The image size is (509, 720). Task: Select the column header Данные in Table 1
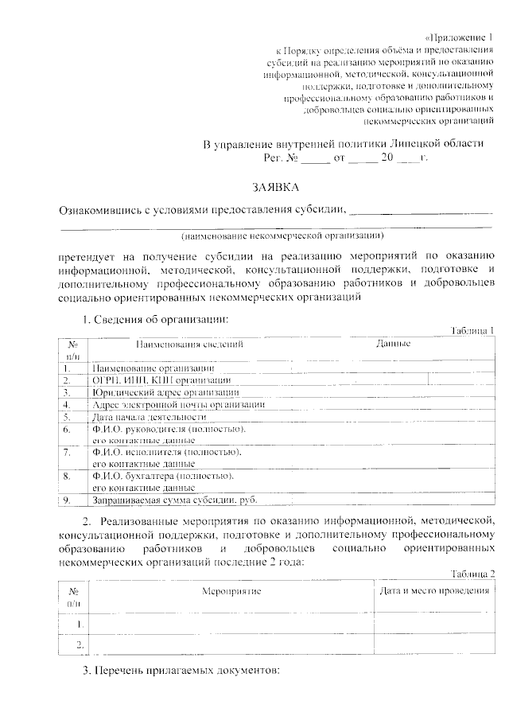pyautogui.click(x=393, y=344)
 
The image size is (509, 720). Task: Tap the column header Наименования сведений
pyautogui.click(x=189, y=344)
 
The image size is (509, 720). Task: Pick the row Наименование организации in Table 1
pyautogui.click(x=153, y=369)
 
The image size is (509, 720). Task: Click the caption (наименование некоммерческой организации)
pyautogui.click(x=282, y=236)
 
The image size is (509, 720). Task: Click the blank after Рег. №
pyautogui.click(x=315, y=159)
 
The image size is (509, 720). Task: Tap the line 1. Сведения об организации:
pyautogui.click(x=156, y=319)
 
